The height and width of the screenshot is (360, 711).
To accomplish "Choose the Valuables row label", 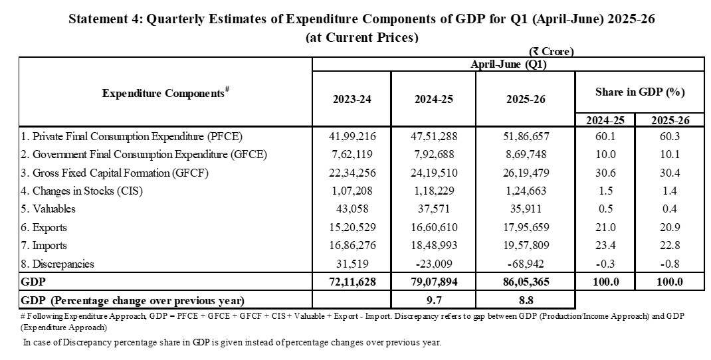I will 49,209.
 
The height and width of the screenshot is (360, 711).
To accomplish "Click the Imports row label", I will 47,245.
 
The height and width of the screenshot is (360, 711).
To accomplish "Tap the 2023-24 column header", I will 352,100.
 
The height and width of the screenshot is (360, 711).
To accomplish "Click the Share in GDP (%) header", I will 639,92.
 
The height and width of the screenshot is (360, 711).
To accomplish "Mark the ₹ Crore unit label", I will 551,51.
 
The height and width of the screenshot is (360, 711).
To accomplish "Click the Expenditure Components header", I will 165,93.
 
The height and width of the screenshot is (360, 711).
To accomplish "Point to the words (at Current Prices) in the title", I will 362,37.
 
